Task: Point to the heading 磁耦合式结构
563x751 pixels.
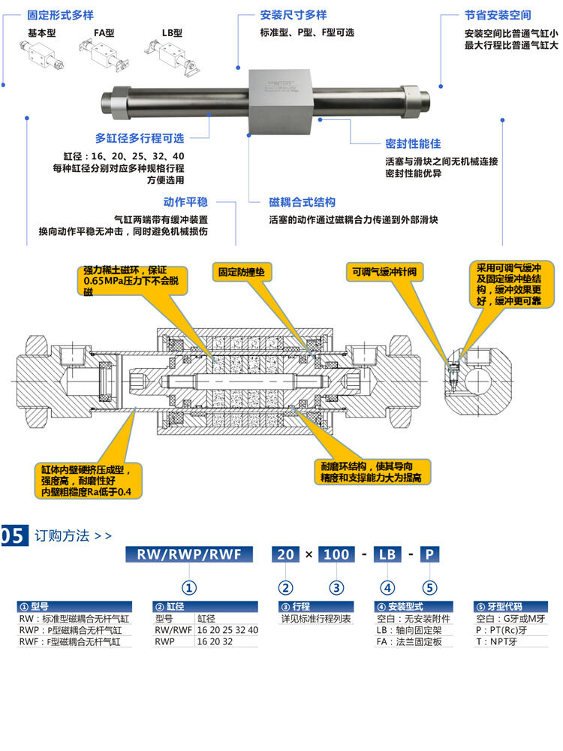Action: click(x=303, y=203)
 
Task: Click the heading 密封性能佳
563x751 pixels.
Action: click(x=413, y=143)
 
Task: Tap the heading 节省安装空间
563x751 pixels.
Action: click(x=498, y=15)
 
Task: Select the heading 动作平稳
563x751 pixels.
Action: click(x=185, y=202)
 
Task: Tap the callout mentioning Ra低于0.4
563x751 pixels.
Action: click(x=87, y=481)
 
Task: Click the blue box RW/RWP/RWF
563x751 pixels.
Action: click(x=189, y=554)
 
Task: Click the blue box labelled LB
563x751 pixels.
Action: click(x=387, y=554)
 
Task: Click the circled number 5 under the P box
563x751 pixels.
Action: click(x=429, y=587)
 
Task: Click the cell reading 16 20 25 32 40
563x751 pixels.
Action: click(x=227, y=630)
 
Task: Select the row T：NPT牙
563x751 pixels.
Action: click(x=497, y=641)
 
